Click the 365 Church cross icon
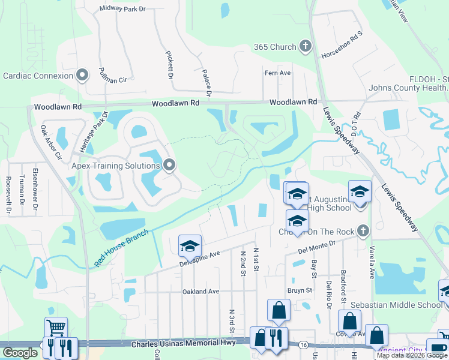point(305,47)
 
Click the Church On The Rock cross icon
point(361,231)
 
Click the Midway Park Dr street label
point(123,9)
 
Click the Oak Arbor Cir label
point(50,142)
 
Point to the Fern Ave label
point(277,73)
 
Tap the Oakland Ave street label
point(201,292)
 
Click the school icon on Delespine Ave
point(190,245)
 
